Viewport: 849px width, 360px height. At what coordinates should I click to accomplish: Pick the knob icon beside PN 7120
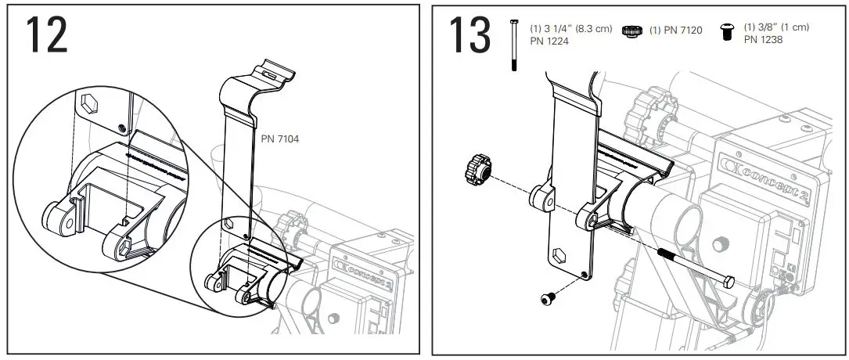click(631, 31)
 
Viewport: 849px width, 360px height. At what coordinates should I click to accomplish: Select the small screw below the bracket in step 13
click(548, 297)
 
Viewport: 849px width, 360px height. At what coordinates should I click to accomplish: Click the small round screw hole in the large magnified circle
click(119, 127)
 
